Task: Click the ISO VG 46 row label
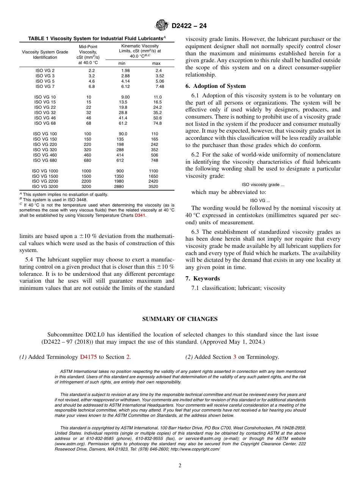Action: tap(45, 118)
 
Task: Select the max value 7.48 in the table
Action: tap(160, 86)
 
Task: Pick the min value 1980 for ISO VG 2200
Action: tap(119, 181)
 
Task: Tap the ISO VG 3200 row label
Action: tap(45, 186)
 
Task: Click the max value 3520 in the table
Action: tap(153, 186)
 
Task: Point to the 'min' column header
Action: tap(122, 63)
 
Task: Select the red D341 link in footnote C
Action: tap(140, 215)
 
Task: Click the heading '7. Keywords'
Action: tap(202, 279)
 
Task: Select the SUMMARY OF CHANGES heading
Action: tap(180, 319)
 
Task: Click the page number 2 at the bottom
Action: tap(180, 466)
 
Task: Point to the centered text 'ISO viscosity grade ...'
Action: tap(263, 185)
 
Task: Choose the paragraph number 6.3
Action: tap(196, 232)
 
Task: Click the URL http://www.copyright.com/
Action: tap(195, 449)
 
